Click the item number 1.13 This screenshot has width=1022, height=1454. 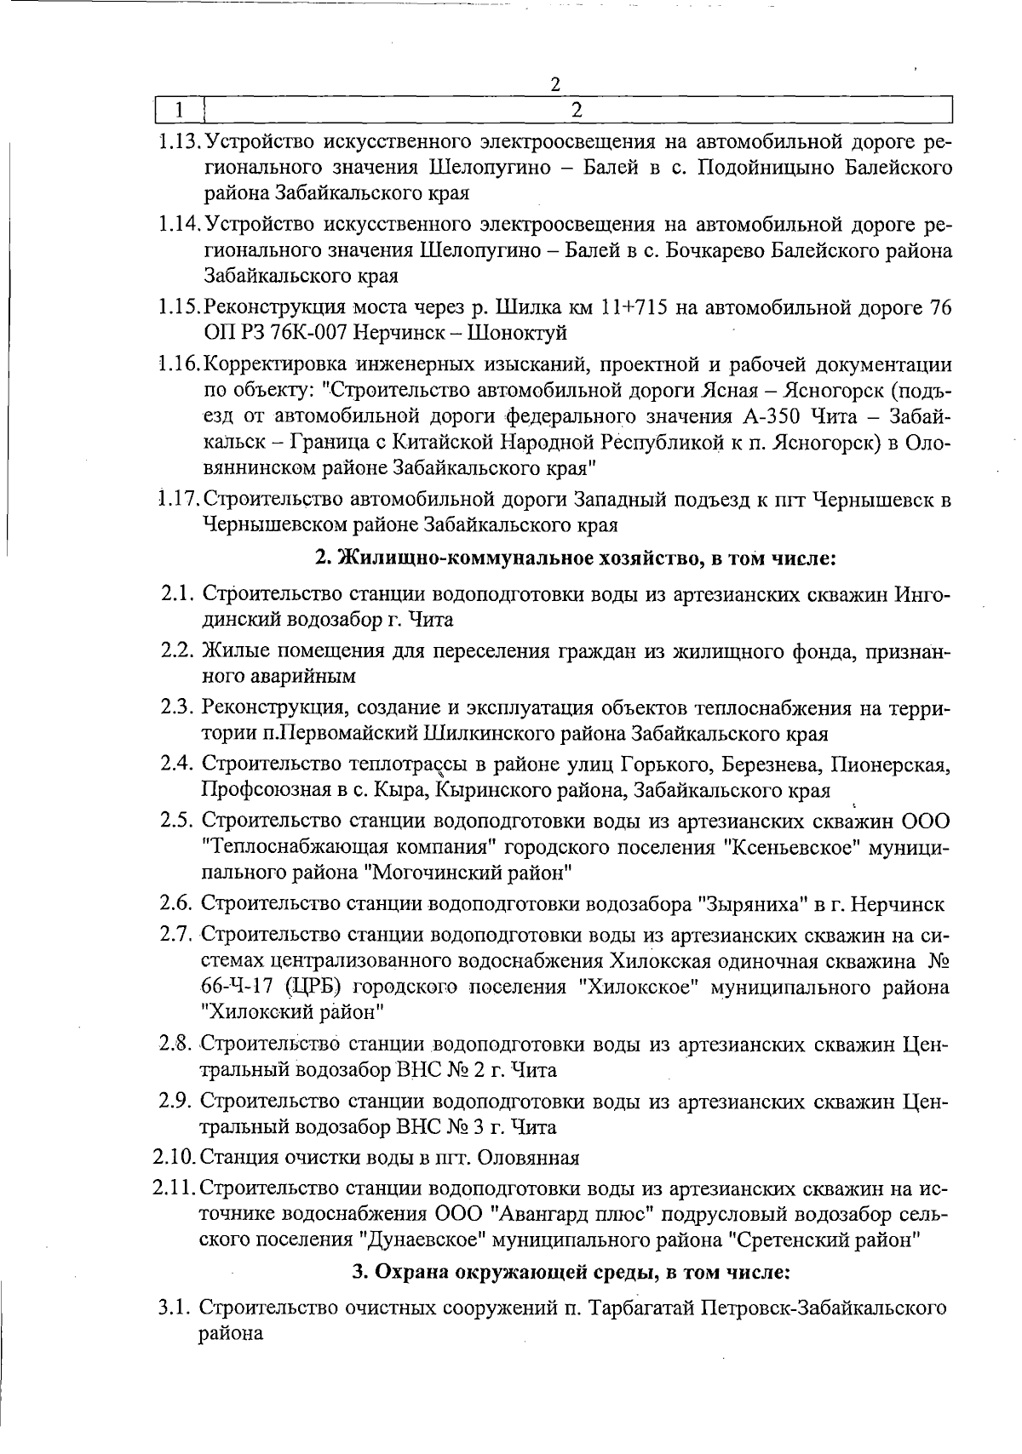point(179,140)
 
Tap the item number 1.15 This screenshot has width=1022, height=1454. point(179,307)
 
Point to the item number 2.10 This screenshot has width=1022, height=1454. point(175,1158)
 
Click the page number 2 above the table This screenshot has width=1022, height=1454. point(555,84)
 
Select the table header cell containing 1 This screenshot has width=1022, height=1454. point(180,110)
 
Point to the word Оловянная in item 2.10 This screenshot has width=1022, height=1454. point(528,1158)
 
